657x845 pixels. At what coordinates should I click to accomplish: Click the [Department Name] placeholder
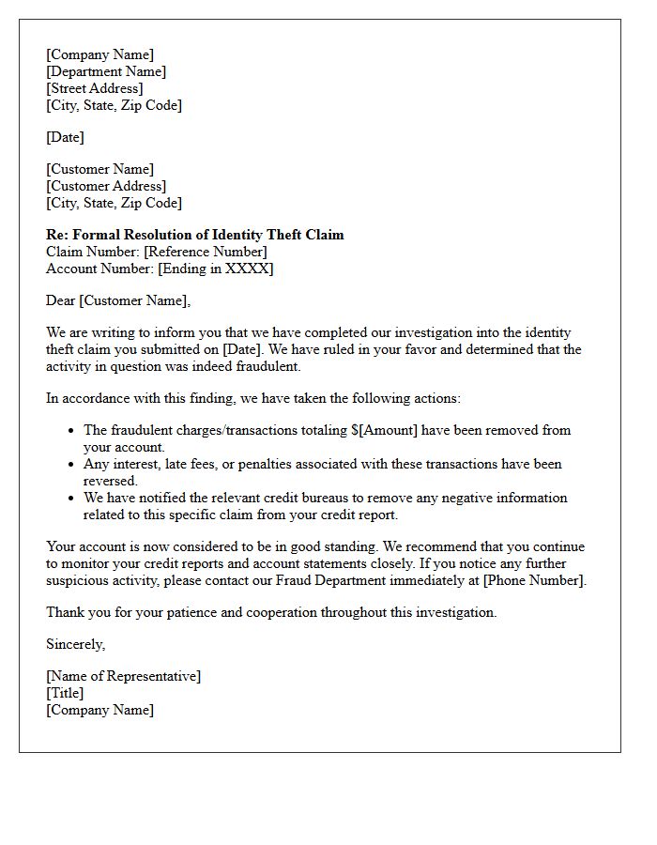click(106, 71)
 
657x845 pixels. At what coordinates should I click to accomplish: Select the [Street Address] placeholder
click(95, 88)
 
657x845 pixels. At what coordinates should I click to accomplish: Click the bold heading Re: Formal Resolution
click(194, 235)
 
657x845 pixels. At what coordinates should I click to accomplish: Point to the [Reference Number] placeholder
click(206, 252)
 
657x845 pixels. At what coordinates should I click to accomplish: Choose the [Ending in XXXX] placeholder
click(216, 269)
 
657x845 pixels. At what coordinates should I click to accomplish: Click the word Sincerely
click(75, 644)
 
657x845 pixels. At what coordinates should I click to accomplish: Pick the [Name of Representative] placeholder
click(123, 676)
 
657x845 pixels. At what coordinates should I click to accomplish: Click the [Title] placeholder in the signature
click(65, 693)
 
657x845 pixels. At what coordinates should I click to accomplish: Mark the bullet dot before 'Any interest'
click(72, 465)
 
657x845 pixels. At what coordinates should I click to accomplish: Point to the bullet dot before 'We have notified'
click(72, 499)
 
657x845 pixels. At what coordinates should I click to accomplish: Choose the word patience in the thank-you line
click(181, 612)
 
